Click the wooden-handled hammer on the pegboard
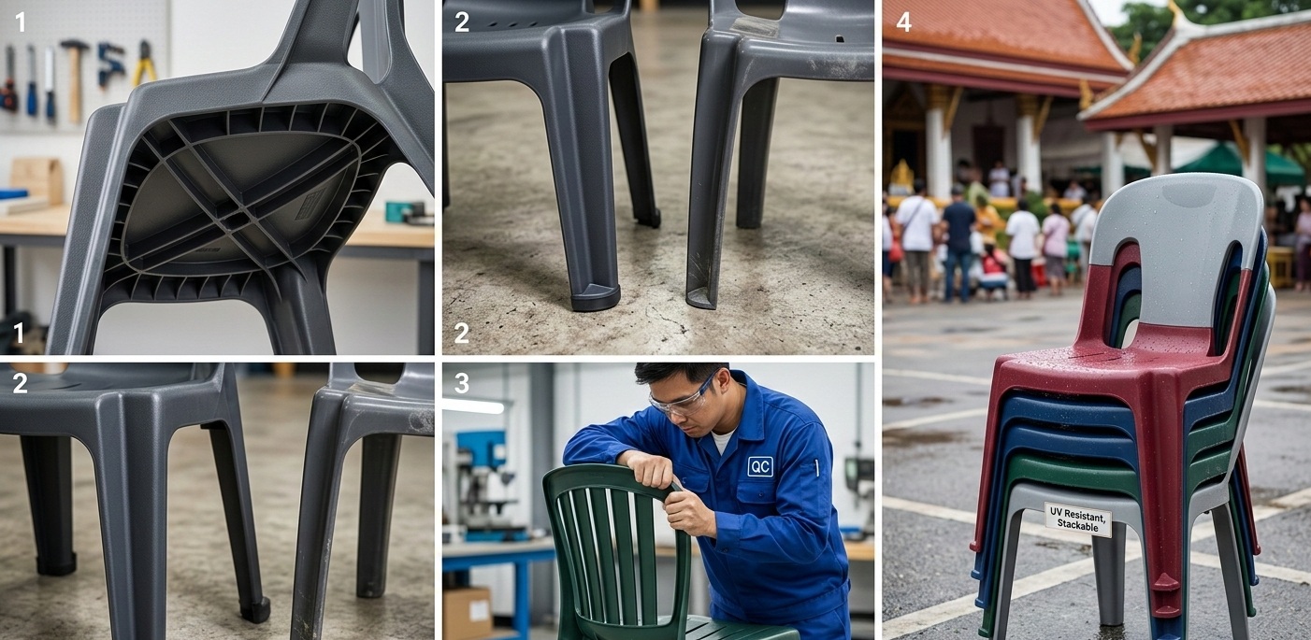(75, 76)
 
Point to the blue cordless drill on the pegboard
(110, 64)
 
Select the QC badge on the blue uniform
(759, 466)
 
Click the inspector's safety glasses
(683, 397)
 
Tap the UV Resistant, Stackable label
(1078, 519)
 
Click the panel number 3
(462, 383)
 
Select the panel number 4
(904, 22)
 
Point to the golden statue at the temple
(902, 178)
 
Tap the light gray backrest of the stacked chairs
(1175, 246)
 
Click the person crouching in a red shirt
(994, 270)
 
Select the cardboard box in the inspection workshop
(467, 613)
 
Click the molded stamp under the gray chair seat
(310, 203)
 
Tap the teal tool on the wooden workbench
(405, 212)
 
